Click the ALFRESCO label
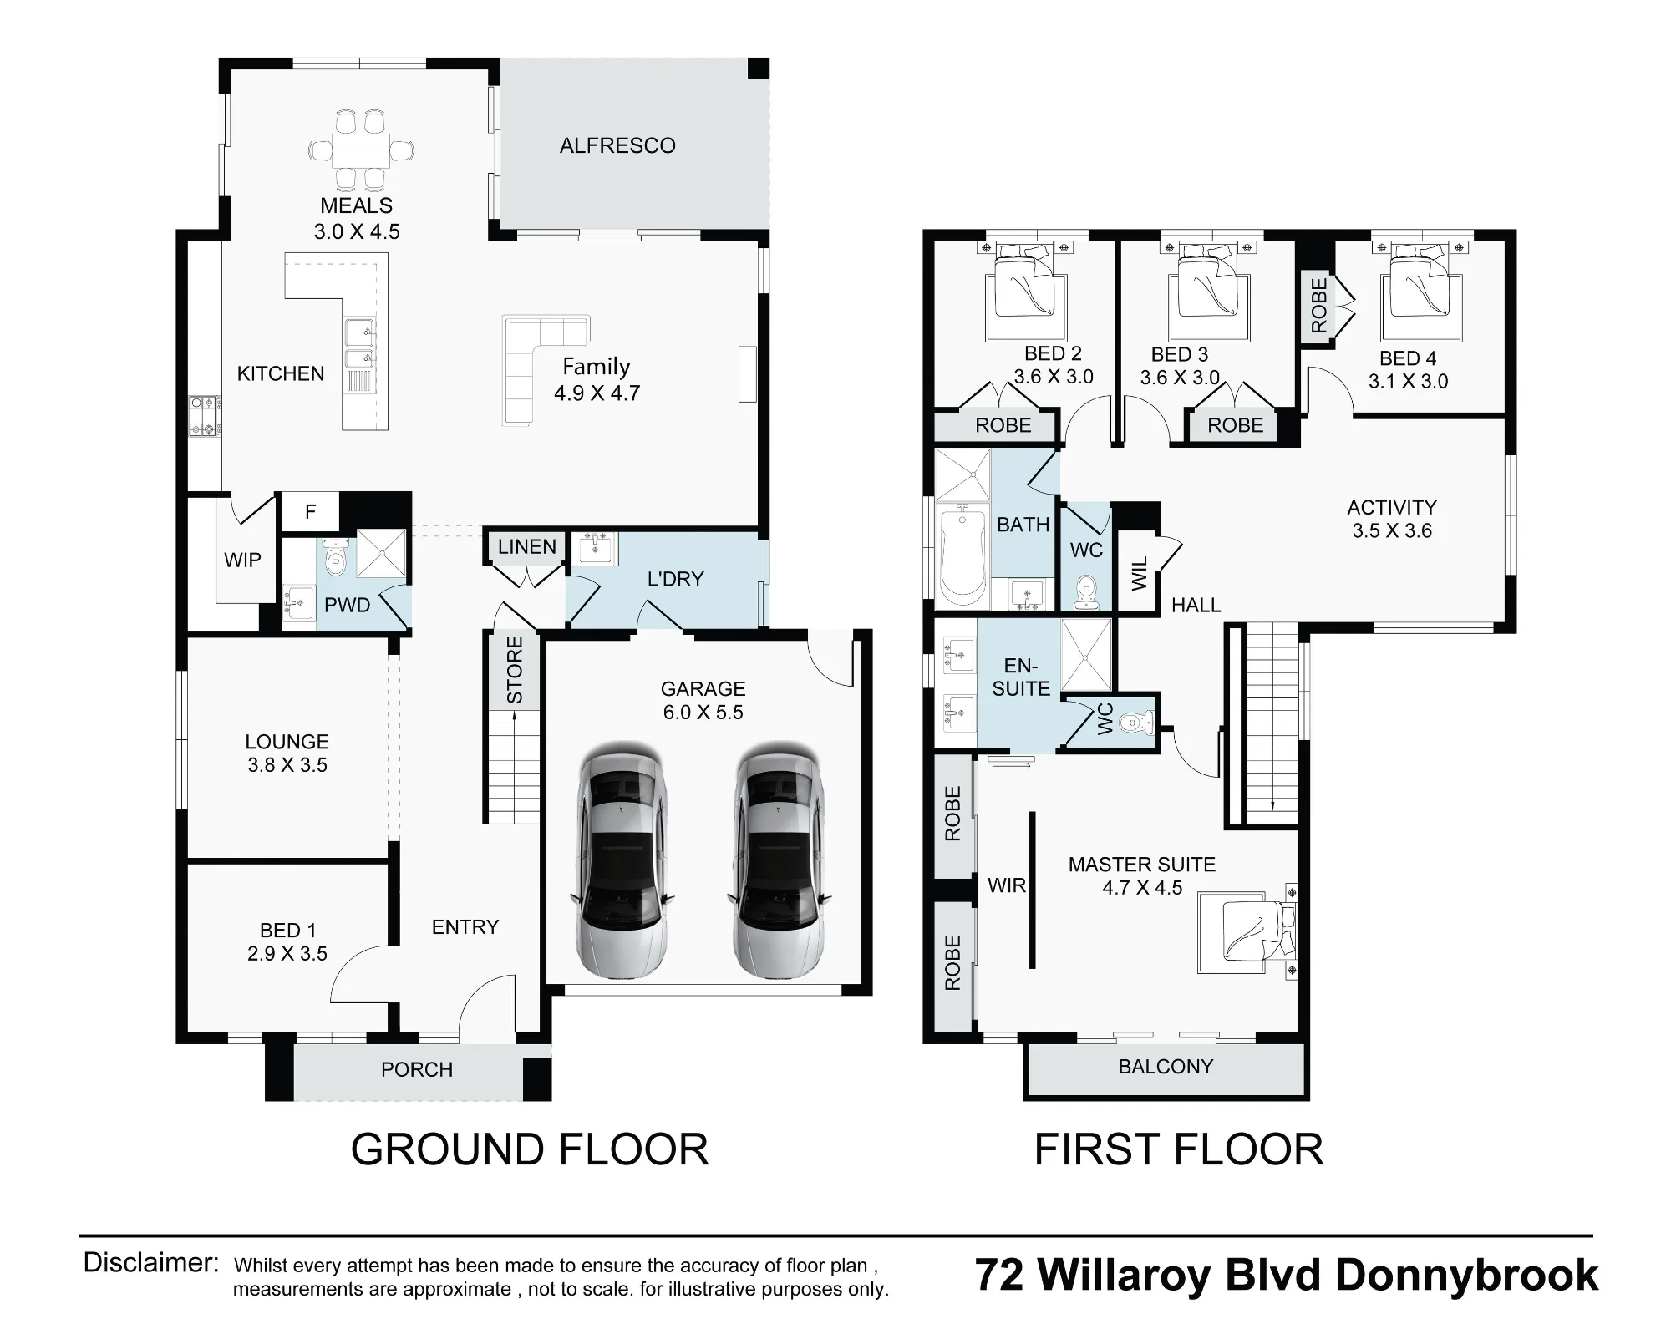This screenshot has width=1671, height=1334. (617, 146)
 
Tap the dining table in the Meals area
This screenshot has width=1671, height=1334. (361, 150)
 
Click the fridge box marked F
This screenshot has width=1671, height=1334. (310, 511)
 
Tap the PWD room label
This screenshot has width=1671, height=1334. (347, 606)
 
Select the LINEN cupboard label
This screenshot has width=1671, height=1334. (527, 547)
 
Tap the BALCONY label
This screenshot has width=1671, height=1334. (1166, 1067)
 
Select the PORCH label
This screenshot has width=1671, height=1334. (417, 1070)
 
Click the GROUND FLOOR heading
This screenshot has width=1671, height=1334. (530, 1150)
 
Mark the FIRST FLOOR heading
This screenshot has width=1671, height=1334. (1179, 1150)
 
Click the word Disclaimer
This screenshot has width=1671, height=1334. (151, 1262)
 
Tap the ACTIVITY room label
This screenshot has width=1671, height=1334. (1392, 508)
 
